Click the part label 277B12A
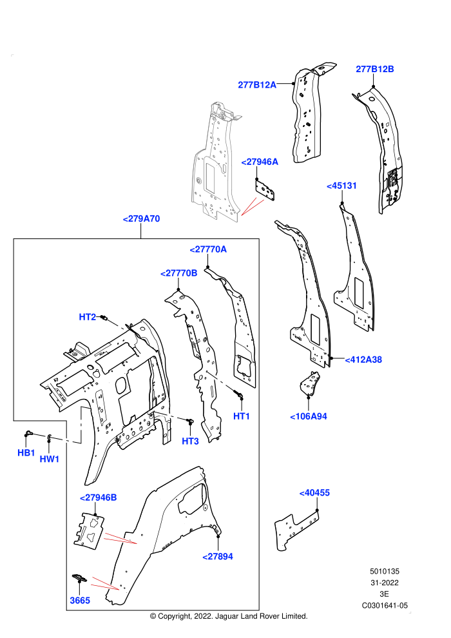coord(257,84)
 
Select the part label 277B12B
coord(375,69)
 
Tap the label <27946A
coord(260,162)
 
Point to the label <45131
coord(341,186)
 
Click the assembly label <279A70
coord(142,219)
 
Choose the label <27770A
coord(208,249)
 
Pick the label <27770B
coord(179,273)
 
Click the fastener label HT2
coord(88,317)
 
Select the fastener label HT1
coord(242,416)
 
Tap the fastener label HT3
coord(190,441)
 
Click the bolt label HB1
coord(26,453)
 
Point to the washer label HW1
coord(50,459)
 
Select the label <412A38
coord(363,360)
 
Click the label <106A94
coord(309,417)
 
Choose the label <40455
coord(314,493)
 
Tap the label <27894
coord(218,557)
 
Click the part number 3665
coord(80,601)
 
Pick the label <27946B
coord(99,498)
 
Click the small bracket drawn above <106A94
coord(310,383)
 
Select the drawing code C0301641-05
coord(385,605)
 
